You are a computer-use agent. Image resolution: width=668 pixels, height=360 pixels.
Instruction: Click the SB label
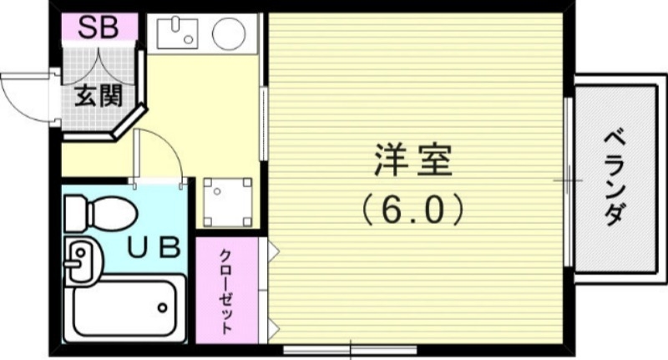point(99,26)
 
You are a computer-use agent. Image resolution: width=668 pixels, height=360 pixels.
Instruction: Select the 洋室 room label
point(413,160)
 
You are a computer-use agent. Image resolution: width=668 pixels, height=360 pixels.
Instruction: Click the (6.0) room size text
point(413,210)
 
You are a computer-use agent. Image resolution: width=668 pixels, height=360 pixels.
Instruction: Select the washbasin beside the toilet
point(80,260)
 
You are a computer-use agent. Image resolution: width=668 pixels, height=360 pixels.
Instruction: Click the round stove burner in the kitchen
point(228,34)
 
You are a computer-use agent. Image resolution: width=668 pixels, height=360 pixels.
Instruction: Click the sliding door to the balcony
point(568,179)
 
